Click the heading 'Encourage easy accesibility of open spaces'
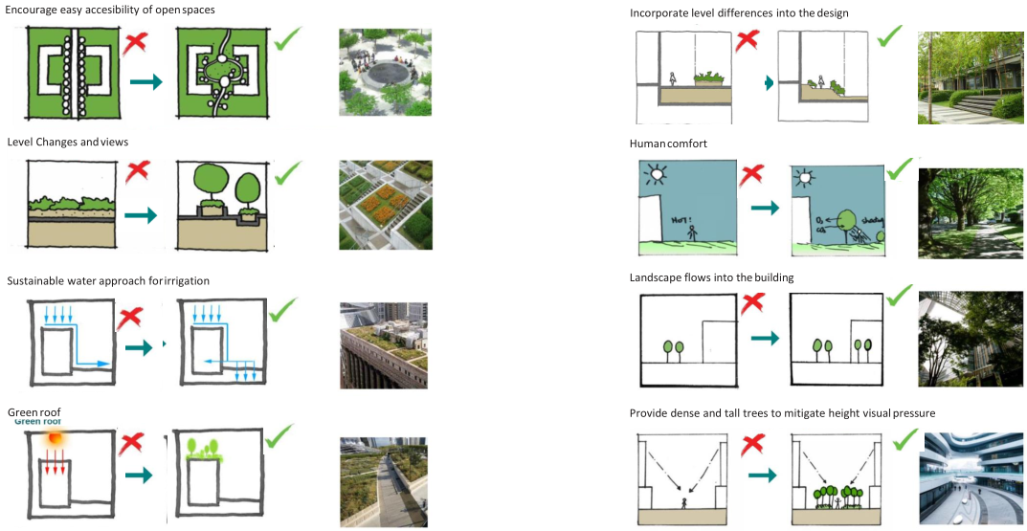click(111, 10)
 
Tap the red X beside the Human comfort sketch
click(751, 175)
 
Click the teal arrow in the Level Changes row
click(141, 216)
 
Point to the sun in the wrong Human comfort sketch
click(656, 175)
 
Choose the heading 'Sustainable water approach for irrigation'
click(108, 280)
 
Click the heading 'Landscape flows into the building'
click(712, 277)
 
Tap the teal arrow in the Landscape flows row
click(764, 338)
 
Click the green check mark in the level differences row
click(890, 35)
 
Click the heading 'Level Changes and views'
click(68, 142)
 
